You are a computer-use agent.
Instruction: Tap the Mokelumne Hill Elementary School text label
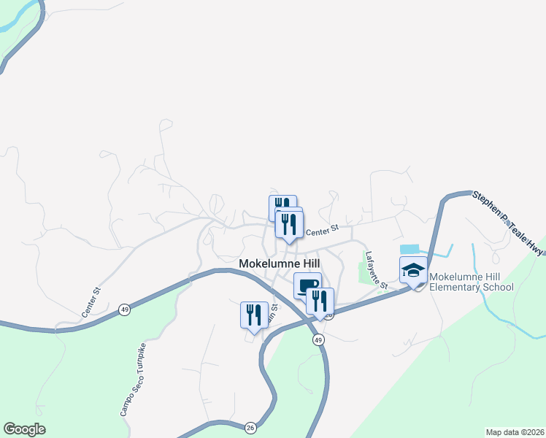(x=471, y=282)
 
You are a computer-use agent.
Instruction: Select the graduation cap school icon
(x=413, y=270)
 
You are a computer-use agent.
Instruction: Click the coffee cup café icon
(x=307, y=285)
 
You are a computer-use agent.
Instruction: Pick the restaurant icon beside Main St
(x=253, y=315)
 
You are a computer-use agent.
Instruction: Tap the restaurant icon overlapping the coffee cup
(x=320, y=300)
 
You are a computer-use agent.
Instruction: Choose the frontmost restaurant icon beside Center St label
(x=289, y=224)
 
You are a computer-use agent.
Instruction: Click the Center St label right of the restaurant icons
(x=323, y=230)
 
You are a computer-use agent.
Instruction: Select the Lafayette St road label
(x=376, y=270)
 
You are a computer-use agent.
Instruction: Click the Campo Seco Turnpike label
(x=134, y=380)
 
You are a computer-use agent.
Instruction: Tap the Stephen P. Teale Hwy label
(x=508, y=223)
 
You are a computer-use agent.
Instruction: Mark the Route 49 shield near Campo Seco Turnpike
(x=124, y=310)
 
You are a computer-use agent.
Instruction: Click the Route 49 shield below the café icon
(x=318, y=340)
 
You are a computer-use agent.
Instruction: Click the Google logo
(x=24, y=429)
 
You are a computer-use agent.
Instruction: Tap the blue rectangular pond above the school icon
(x=410, y=249)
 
